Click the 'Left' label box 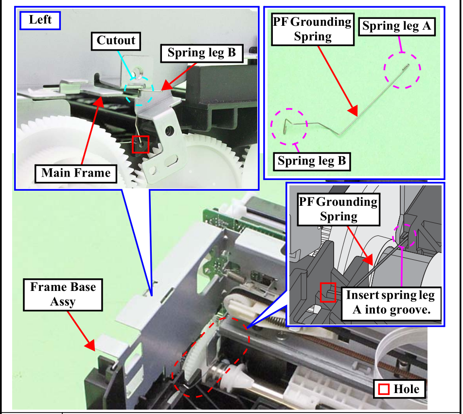tap(40, 20)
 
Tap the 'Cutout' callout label tap(115, 40)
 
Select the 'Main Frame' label tap(76, 173)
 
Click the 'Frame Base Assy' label tap(63, 294)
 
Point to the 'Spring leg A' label tap(397, 26)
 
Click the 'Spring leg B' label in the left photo tap(201, 53)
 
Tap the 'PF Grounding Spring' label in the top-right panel tap(312, 29)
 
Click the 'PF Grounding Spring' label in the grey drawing tap(338, 209)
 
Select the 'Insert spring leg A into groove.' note tap(390, 302)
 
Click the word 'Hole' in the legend tap(406, 389)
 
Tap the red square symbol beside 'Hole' tap(384, 389)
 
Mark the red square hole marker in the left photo tap(141, 144)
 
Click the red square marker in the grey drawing tap(328, 292)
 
